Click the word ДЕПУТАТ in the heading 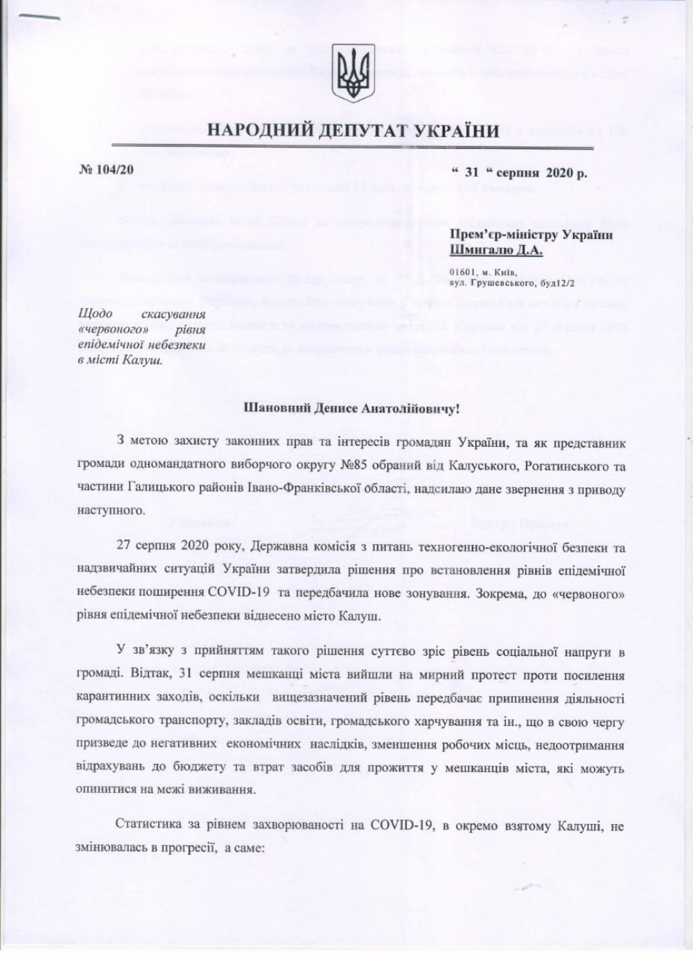coord(360,130)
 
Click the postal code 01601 coord(462,273)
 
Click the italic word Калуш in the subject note coord(144,359)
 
